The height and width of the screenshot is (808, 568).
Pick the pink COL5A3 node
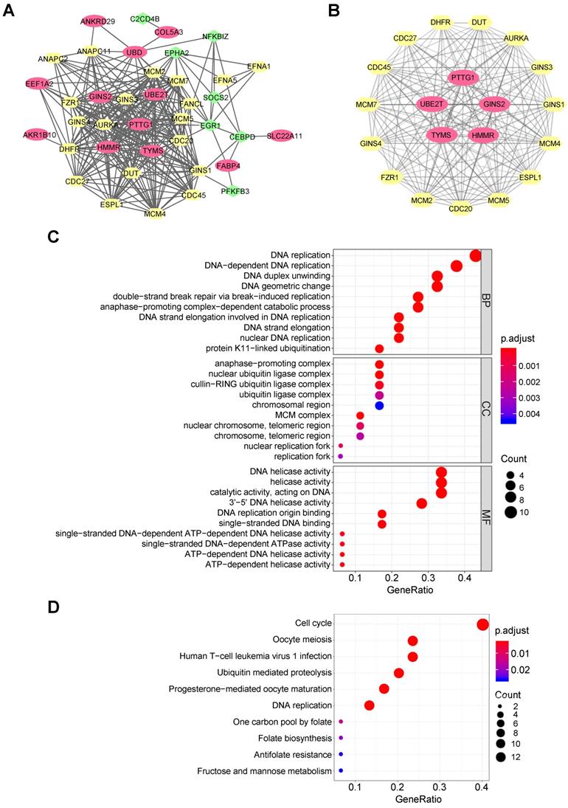[169, 32]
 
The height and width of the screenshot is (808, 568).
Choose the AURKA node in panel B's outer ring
[516, 37]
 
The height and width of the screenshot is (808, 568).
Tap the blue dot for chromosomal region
[379, 405]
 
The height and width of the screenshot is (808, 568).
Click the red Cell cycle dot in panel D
[482, 624]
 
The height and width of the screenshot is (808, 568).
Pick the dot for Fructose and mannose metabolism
[341, 770]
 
